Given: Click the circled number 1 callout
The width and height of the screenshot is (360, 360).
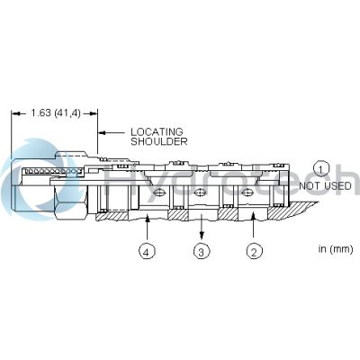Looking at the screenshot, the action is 321,170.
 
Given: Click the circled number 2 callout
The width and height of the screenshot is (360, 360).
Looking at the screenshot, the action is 254,251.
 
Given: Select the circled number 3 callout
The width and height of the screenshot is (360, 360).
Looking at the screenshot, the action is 202,251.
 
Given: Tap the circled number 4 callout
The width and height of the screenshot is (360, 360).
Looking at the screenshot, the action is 147,251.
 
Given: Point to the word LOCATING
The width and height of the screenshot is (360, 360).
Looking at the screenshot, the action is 157,131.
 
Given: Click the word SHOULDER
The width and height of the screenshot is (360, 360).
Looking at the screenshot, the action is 159,141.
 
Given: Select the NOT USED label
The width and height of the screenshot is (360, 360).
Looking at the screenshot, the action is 325,186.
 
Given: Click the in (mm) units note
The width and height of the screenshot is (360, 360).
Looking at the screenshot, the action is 336,248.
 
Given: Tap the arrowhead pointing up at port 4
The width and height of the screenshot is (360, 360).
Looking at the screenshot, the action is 148,219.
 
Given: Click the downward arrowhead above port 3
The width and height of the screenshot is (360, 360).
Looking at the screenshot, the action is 202,234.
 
